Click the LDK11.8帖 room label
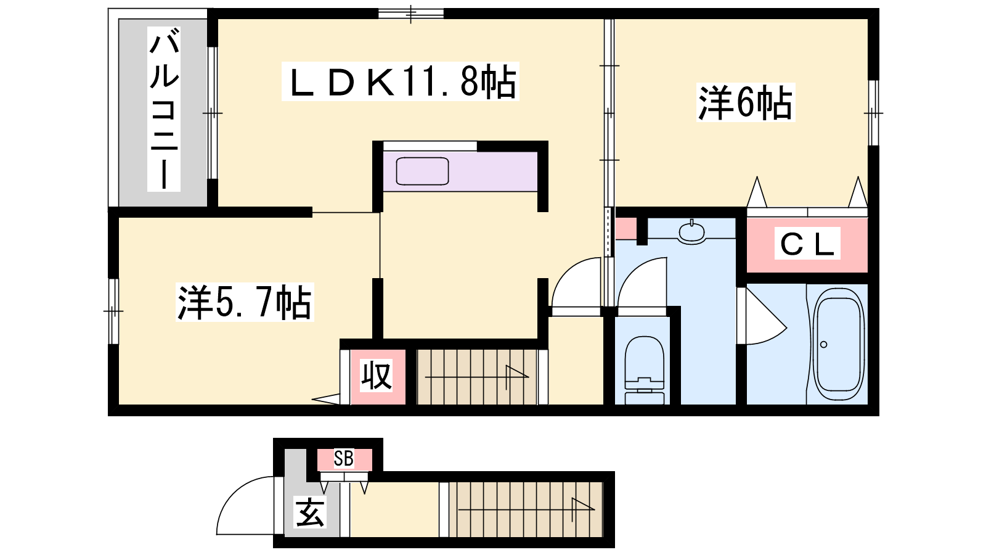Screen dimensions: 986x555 pos(400,81)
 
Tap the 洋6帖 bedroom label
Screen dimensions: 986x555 pos(745,102)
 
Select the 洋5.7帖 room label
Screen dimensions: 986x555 pos(245,302)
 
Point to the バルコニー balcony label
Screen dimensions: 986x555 pos(164,109)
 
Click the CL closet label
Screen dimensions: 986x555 pos(807,244)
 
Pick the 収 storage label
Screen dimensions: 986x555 pos(377,376)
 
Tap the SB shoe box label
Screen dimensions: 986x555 pos(343,459)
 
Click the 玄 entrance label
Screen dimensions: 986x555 pos(311,512)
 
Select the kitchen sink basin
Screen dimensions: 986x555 pos(422,171)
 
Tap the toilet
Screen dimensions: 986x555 pos(644,370)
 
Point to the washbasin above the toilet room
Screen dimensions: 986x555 pos(691,232)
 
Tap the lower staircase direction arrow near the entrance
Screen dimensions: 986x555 pos(526,510)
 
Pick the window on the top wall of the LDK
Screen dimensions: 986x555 pos(410,14)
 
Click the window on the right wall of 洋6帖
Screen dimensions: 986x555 pos(873,113)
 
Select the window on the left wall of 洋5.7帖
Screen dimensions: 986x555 pos(113,311)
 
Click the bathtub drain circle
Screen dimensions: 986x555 pos(823,345)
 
